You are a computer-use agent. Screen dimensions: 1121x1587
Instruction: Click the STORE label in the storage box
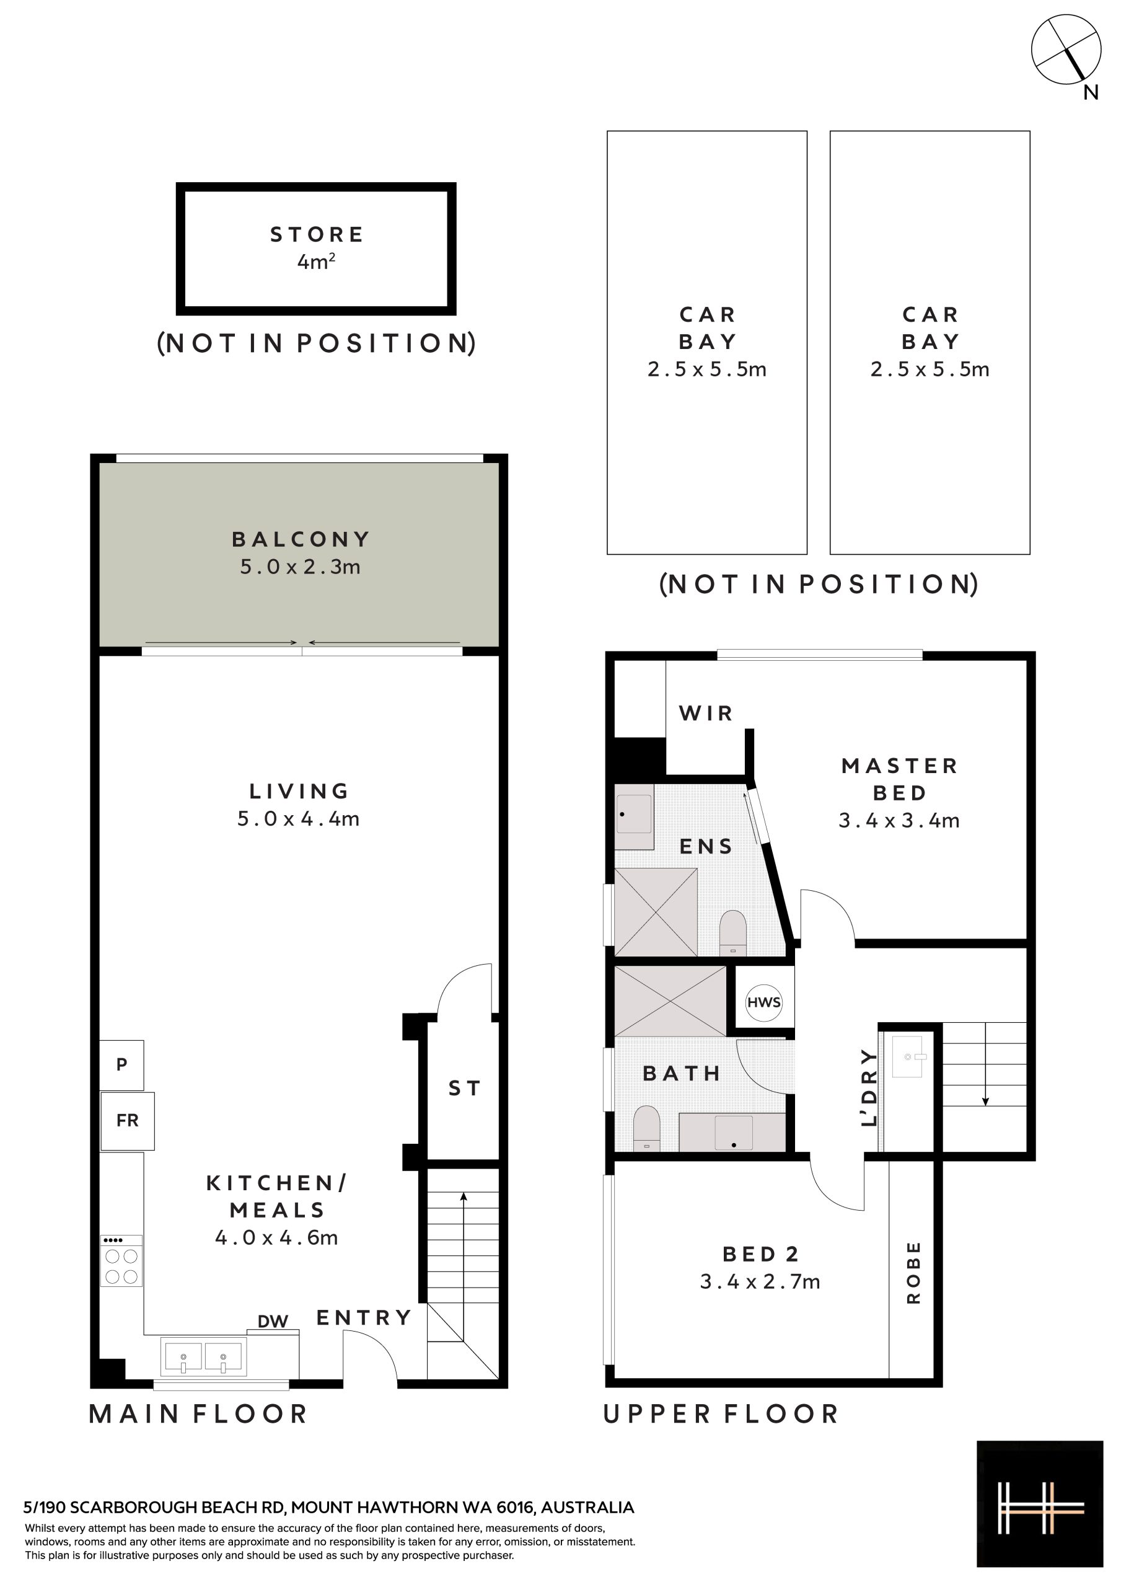click(x=317, y=234)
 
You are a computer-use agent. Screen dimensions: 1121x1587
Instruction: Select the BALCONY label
click(x=301, y=539)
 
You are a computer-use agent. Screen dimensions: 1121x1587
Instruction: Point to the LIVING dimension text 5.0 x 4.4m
click(x=299, y=818)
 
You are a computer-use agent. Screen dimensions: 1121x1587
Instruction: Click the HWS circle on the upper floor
click(x=763, y=1002)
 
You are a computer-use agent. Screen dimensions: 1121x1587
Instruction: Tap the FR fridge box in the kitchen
click(x=127, y=1120)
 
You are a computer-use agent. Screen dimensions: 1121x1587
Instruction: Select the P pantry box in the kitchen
click(x=121, y=1064)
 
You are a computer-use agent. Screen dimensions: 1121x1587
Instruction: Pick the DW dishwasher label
click(x=273, y=1322)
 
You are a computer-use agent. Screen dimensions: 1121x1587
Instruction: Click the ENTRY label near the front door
click(x=364, y=1317)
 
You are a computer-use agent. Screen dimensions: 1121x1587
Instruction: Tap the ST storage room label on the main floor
click(x=464, y=1089)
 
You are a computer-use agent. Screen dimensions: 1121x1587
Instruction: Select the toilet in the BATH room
click(x=647, y=1128)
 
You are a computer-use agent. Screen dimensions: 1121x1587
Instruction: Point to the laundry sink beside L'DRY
click(x=907, y=1057)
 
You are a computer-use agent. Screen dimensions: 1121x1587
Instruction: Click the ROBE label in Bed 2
click(x=913, y=1273)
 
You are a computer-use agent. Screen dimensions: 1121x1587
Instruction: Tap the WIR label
click(x=706, y=713)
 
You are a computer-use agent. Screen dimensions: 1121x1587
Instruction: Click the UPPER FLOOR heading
click(x=721, y=1414)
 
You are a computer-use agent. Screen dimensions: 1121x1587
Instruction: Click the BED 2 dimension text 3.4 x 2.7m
click(x=760, y=1281)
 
